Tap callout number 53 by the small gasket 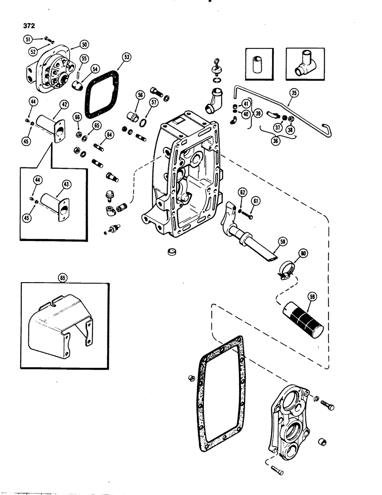[127, 57]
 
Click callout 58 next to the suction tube [283, 242]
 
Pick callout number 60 [303, 253]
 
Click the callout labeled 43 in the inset [66, 184]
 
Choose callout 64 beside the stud [109, 134]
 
